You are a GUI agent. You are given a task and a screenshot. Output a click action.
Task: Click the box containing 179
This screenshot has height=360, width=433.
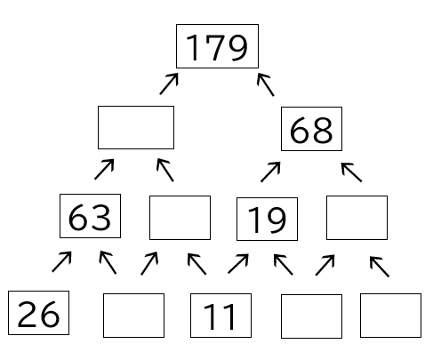pyautogui.click(x=217, y=46)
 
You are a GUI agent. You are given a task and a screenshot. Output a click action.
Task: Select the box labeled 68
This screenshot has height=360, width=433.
pyautogui.click(x=311, y=129)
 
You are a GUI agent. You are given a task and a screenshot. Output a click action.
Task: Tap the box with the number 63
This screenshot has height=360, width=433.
pyautogui.click(x=90, y=216)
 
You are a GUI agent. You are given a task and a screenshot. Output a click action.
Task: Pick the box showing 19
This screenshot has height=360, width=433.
pyautogui.click(x=267, y=219)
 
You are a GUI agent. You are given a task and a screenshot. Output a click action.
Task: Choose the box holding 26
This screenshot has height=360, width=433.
pyautogui.click(x=38, y=313)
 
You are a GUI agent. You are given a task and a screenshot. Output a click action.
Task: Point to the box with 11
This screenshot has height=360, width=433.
pyautogui.click(x=221, y=316)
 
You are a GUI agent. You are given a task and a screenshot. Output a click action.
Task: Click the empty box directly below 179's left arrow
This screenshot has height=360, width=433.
pyautogui.click(x=136, y=127)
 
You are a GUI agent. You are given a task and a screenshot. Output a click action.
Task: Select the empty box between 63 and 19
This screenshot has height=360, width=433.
pyautogui.click(x=180, y=218)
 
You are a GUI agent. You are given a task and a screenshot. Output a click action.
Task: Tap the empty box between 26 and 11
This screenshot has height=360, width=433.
pyautogui.click(x=133, y=316)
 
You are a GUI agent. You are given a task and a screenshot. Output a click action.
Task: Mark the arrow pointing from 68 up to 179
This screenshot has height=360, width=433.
pyautogui.click(x=266, y=84)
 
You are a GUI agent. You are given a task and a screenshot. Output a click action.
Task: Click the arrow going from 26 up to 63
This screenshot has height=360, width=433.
pyautogui.click(x=61, y=261)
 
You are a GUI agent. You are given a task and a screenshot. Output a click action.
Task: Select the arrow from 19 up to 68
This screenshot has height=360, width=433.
pyautogui.click(x=270, y=172)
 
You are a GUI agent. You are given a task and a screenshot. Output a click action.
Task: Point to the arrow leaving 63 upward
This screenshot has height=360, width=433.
pyautogui.click(x=104, y=169)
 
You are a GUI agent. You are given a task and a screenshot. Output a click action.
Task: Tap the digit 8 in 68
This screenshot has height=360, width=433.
pyautogui.click(x=323, y=130)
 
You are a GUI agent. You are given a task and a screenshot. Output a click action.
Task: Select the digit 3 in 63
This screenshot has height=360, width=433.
pyautogui.click(x=100, y=217)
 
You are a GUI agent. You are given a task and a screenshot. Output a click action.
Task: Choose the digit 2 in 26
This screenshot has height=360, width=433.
pyautogui.click(x=28, y=315)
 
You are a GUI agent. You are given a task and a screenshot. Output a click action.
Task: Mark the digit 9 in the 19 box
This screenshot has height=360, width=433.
pyautogui.click(x=277, y=220)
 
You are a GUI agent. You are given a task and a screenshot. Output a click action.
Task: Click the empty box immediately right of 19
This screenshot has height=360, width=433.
pyautogui.click(x=357, y=218)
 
